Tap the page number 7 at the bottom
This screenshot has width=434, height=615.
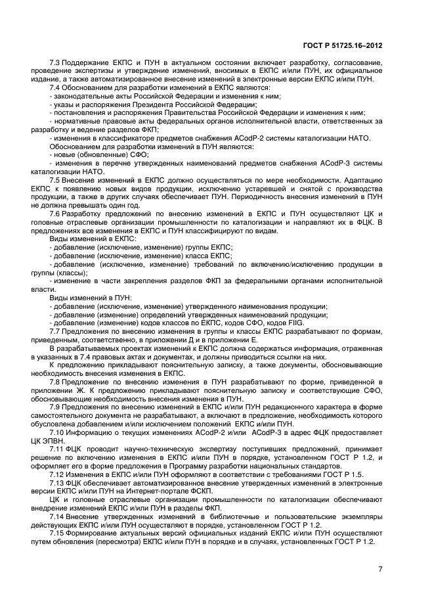tap(380, 569)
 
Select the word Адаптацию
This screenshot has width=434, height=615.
tap(360, 179)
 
